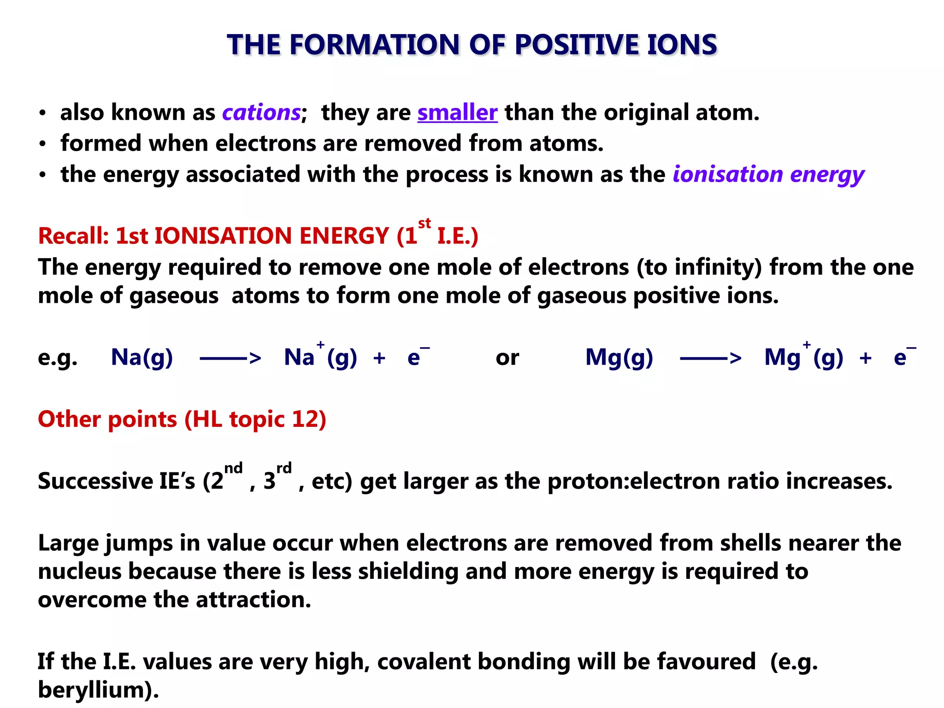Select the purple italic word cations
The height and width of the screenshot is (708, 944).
261,112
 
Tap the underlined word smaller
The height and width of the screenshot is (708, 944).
457,112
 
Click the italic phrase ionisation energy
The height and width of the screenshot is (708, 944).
768,175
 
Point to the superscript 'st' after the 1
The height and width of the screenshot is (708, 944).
425,224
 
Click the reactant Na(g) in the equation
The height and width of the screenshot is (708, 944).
142,357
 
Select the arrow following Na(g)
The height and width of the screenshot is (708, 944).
230,358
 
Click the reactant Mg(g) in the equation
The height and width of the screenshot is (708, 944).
619,357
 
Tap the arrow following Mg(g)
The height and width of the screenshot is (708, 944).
711,358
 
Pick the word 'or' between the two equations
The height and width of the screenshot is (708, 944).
507,358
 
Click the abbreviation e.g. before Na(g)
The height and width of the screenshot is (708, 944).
58,358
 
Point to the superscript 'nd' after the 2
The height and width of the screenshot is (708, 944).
233,468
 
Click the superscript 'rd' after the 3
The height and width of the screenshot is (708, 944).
284,468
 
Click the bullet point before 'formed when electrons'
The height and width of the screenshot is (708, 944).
42,144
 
